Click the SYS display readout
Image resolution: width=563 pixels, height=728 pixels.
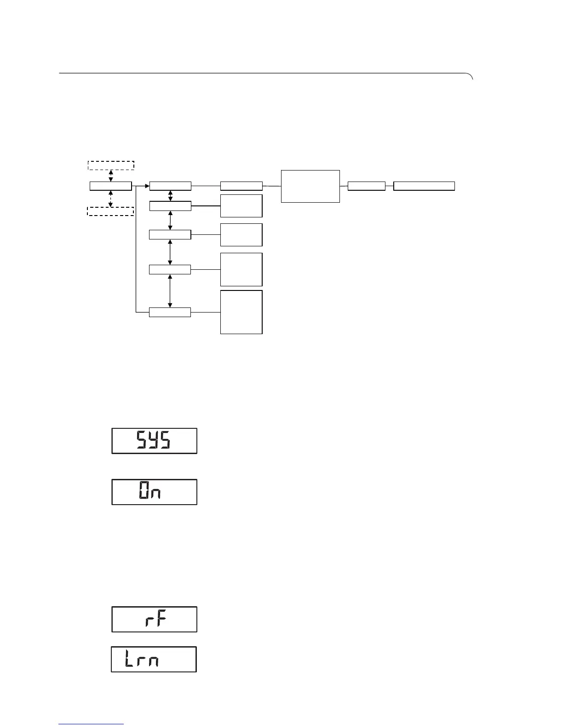coord(154,441)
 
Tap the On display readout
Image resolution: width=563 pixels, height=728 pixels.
coord(154,492)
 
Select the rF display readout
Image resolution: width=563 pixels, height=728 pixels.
coord(154,620)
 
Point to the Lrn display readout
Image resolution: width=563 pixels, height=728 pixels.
coord(154,660)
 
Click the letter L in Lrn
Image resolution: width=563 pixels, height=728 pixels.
coord(130,660)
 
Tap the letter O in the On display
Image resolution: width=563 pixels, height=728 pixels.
coord(144,492)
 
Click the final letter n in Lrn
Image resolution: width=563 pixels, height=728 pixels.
coord(154,661)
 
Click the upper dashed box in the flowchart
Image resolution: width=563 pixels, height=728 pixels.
coord(111,165)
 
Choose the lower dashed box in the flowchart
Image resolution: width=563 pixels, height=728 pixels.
coord(110,211)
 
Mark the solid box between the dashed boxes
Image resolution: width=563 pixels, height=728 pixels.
coord(110,186)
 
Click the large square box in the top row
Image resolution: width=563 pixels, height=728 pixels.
coord(310,186)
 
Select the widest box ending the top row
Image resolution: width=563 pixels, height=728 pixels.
coord(424,186)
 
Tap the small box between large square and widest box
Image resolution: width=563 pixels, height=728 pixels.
coord(367,186)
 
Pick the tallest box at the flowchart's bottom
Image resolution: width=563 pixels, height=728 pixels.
coord(241,312)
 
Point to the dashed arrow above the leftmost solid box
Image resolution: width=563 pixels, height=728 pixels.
coord(111,176)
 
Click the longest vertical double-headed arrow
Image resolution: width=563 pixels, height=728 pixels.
coord(171,291)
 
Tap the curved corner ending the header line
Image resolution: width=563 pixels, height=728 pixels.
coord(470,76)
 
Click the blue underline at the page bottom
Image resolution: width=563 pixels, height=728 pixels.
coord(91,725)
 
